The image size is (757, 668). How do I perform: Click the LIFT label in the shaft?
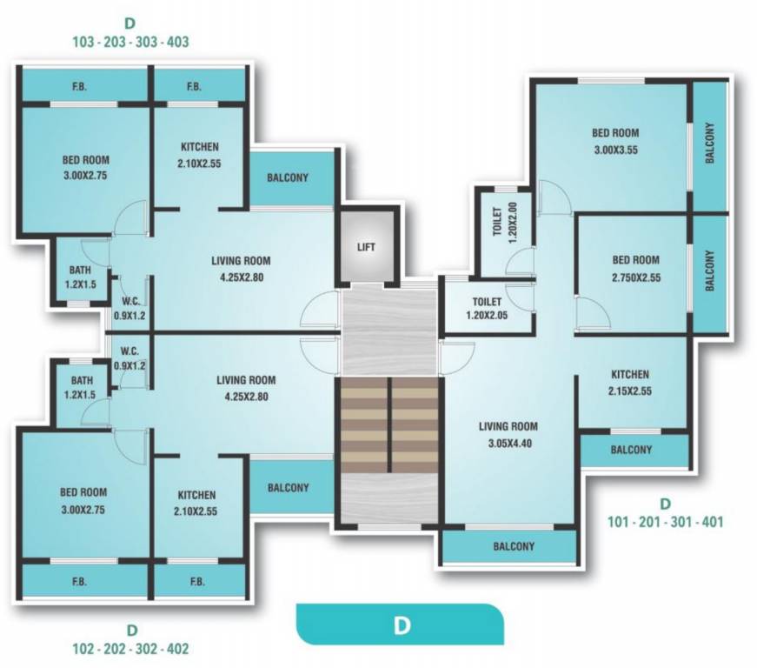[367, 247]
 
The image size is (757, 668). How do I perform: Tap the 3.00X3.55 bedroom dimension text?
[615, 150]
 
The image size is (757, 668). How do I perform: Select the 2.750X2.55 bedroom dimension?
[634, 279]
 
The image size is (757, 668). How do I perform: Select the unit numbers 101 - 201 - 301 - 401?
[665, 523]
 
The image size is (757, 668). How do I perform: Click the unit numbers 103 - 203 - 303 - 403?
[131, 41]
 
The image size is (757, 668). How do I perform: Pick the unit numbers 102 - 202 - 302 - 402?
[131, 648]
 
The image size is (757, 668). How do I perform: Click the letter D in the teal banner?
[401, 625]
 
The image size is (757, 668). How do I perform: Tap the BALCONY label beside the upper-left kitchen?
[288, 177]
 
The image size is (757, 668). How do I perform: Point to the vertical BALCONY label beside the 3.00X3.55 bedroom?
[709, 144]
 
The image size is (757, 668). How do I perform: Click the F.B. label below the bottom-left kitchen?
[197, 582]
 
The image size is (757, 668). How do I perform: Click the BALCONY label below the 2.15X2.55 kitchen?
[631, 450]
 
